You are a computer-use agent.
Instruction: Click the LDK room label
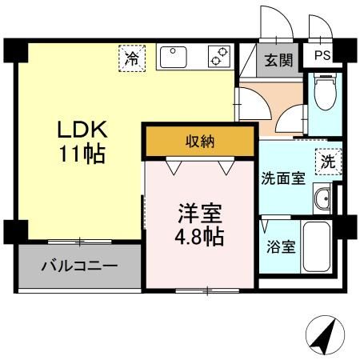coord(82,130)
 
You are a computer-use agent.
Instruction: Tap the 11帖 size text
coord(82,154)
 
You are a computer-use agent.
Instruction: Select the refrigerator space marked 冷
coord(132,58)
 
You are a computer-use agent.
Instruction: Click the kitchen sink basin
coord(174,57)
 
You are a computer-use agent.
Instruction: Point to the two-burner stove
coord(219,56)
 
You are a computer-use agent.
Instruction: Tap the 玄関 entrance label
coord(278,60)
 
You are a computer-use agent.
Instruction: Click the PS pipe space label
coord(322,55)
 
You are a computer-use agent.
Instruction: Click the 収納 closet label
coord(200,142)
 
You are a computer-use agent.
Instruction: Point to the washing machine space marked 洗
coord(328,162)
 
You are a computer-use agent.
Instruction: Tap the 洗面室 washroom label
coord(283,178)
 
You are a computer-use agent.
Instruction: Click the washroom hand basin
coord(322,198)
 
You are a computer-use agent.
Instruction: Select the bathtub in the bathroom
coord(317,246)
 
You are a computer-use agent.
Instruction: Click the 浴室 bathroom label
coord(281,247)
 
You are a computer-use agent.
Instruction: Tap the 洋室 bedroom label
coord(200,214)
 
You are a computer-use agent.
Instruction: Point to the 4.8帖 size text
coord(199,237)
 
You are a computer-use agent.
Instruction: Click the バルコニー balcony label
coord(79,266)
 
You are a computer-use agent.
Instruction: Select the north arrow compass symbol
coord(325,334)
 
